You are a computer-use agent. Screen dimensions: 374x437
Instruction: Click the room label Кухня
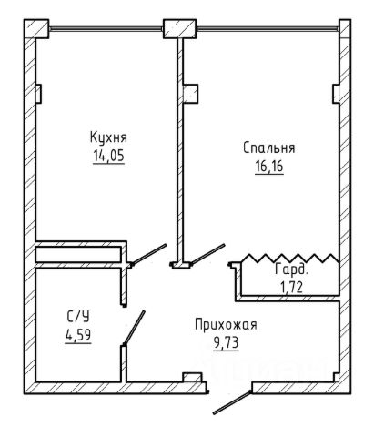click(x=108, y=138)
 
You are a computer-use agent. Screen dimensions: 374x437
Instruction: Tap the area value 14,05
click(x=108, y=156)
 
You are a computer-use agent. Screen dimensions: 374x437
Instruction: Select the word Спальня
click(x=268, y=148)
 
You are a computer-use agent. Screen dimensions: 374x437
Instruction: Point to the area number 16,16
click(x=269, y=167)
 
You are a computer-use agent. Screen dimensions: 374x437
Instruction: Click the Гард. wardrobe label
click(x=291, y=269)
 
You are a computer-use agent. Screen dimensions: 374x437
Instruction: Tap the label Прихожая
click(x=226, y=325)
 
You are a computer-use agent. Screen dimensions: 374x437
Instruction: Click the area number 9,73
click(x=226, y=343)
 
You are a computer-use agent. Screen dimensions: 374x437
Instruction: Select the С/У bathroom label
click(x=78, y=317)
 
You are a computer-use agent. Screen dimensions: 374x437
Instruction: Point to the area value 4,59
click(x=78, y=335)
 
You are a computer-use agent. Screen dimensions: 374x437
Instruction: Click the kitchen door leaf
click(x=149, y=254)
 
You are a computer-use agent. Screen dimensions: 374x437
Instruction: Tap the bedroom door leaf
click(x=208, y=254)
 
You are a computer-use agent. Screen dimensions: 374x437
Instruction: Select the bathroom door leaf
click(x=134, y=328)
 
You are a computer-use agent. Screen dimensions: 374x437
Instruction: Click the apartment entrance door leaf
click(x=232, y=402)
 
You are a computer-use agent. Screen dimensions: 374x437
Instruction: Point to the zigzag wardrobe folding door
click(x=290, y=259)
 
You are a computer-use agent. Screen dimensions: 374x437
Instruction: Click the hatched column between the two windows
click(x=179, y=29)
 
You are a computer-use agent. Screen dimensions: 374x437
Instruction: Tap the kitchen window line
click(x=106, y=29)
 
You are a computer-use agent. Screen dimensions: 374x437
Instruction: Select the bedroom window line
click(x=268, y=29)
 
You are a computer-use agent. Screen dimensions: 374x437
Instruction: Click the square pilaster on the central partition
click(x=191, y=94)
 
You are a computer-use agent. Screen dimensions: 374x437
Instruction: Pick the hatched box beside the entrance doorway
click(x=192, y=378)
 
